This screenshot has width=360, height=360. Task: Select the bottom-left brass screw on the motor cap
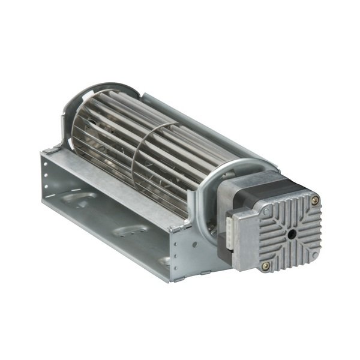point(266,265)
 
